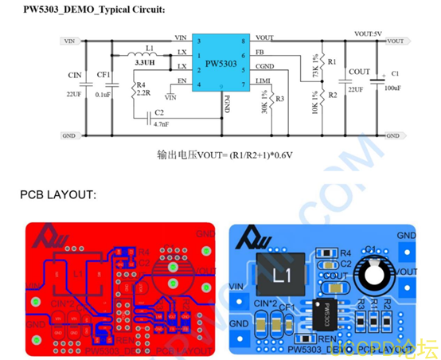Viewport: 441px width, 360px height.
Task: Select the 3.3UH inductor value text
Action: (145, 61)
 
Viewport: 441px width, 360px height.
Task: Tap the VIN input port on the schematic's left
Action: (70, 41)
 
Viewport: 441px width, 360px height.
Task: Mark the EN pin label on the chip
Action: (182, 80)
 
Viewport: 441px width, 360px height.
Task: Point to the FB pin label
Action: (260, 53)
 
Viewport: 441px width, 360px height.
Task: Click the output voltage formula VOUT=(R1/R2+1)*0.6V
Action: (226, 156)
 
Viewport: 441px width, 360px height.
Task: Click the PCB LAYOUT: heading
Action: (58, 194)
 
